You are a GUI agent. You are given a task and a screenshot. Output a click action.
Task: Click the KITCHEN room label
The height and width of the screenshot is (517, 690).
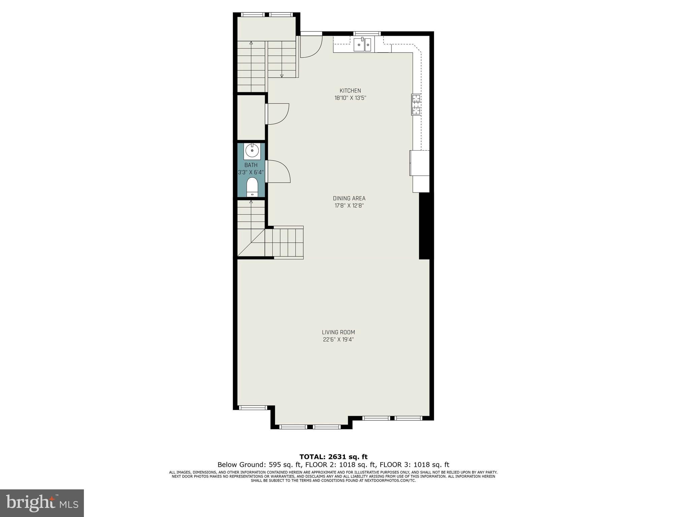350,90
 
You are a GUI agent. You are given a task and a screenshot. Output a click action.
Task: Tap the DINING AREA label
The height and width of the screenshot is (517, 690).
349,198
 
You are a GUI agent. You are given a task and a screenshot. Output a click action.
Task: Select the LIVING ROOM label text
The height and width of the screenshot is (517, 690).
338,332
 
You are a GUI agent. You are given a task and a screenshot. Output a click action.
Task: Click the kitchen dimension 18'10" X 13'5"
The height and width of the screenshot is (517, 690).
350,98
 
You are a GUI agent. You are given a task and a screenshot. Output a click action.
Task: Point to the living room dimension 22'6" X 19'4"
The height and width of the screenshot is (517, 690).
338,340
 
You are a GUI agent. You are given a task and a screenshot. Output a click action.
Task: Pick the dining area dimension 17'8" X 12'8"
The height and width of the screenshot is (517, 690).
349,206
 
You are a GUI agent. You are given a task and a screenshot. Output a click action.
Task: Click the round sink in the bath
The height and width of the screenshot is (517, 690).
252,150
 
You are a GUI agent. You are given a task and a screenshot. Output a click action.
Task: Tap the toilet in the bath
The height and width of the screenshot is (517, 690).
252,187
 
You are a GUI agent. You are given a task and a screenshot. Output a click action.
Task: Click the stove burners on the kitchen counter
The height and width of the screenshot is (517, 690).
416,104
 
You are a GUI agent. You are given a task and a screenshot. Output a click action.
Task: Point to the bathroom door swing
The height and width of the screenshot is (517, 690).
278,172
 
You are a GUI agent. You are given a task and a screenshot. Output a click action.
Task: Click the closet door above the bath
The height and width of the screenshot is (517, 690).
278,114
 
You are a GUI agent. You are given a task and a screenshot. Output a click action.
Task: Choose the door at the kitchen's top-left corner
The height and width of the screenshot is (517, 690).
310,47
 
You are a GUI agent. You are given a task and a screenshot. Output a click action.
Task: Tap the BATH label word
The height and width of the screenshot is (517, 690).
251,165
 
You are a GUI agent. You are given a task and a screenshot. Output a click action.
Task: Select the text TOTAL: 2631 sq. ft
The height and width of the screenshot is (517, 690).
333,457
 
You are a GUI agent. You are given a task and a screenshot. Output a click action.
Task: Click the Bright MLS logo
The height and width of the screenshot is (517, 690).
42,503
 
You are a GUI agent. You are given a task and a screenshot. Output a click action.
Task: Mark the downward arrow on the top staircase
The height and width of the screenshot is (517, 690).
282,75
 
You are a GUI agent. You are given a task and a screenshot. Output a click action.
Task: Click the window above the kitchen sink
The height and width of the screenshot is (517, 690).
367,33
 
